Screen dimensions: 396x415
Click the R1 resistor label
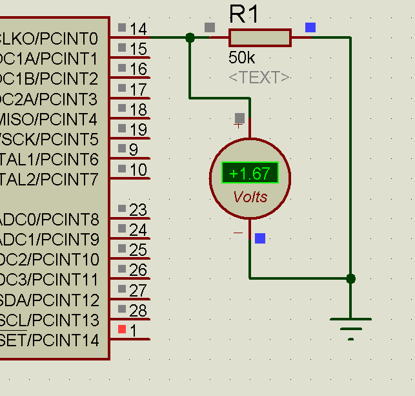244,14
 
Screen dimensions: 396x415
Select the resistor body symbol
259,38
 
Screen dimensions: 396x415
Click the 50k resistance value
241,57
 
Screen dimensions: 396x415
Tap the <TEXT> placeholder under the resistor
259,78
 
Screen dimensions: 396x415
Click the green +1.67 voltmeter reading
250,173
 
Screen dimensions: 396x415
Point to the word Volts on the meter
250,197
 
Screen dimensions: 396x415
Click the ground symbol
350,326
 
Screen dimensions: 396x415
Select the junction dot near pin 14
190,38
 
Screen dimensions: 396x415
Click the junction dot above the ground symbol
350,278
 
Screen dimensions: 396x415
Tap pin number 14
138,29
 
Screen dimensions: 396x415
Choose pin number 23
138,210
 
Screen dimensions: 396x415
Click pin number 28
138,311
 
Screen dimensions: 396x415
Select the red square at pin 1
123,329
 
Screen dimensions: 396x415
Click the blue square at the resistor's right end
310,27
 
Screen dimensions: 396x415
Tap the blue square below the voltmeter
260,238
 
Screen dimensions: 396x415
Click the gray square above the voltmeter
239,118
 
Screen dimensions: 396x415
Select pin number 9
134,150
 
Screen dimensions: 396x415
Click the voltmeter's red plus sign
238,125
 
